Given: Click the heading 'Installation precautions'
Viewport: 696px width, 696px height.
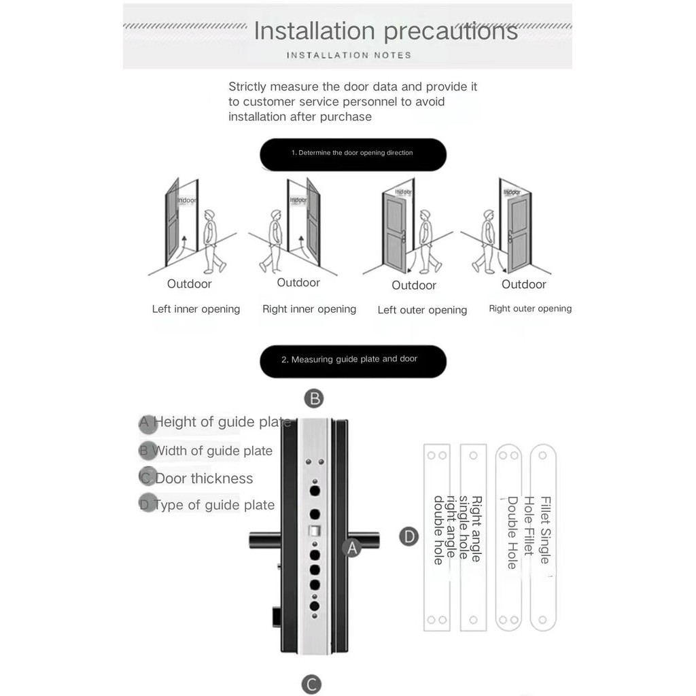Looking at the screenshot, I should (385, 31).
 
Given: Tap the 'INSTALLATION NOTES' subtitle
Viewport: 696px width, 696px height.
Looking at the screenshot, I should (349, 55).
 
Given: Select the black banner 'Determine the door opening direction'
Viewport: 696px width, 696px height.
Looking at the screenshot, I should (353, 154).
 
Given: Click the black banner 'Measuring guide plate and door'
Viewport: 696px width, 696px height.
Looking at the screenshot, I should (353, 360).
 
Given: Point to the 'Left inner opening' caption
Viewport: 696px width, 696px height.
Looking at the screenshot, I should (196, 309).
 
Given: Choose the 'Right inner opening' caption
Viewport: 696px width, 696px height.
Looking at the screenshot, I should (309, 309).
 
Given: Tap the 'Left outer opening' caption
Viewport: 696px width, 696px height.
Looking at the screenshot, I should (422, 310).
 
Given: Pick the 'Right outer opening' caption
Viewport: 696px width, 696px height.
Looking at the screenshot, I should (530, 309).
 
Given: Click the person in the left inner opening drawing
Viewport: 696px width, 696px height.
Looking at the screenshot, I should (212, 241).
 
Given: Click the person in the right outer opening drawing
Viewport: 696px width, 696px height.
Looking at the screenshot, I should (486, 241).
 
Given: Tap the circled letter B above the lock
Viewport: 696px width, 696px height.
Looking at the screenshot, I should (313, 398).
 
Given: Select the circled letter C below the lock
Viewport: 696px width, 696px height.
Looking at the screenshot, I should (311, 683).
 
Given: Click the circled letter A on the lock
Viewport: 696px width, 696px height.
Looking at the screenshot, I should (352, 547).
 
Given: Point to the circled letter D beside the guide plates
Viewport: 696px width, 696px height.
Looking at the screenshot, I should (408, 537).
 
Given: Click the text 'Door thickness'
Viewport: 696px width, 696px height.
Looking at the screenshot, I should (204, 478).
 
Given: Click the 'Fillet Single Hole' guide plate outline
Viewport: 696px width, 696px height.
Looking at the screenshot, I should (543, 537).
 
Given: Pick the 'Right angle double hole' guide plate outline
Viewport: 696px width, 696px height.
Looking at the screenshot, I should (437, 537).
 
